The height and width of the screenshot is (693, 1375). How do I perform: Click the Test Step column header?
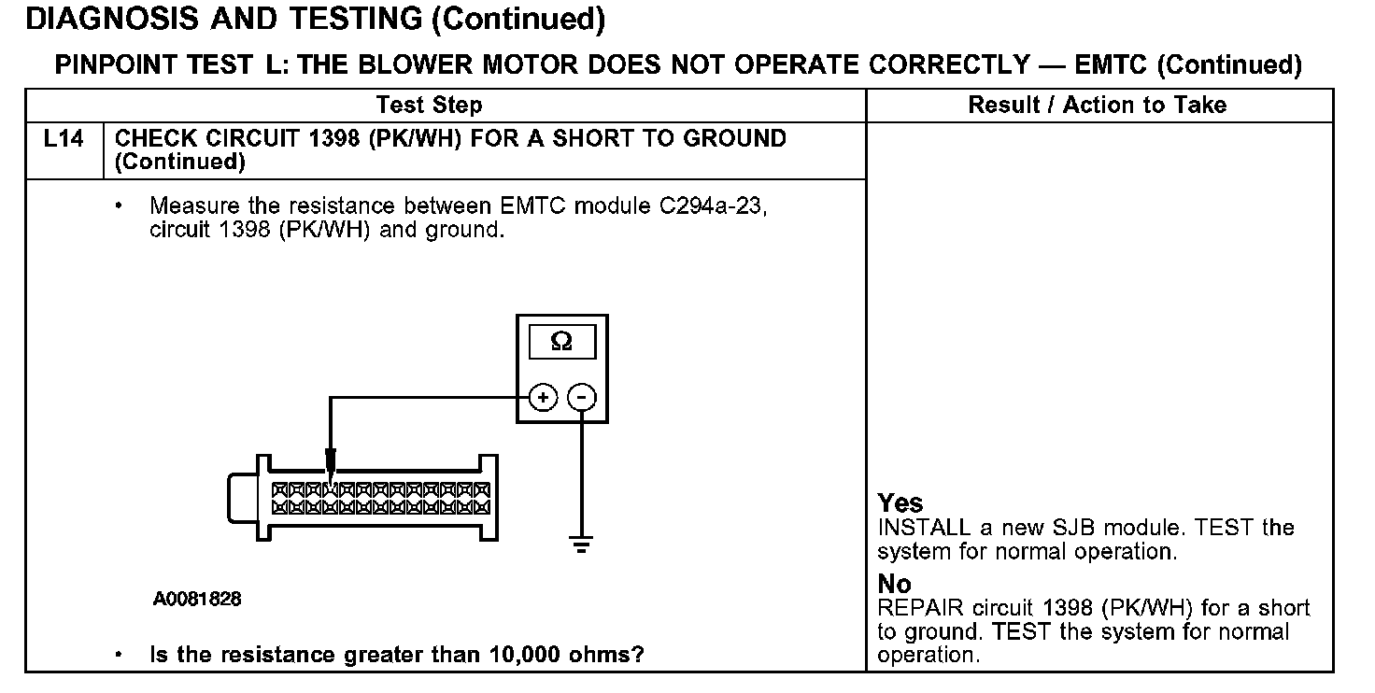point(429,106)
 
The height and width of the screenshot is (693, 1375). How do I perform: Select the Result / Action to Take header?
point(1098,106)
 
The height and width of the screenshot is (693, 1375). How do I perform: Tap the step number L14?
point(64,139)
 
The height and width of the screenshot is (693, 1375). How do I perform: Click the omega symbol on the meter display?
point(561,342)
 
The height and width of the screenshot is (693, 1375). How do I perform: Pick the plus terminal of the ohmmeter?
point(542,398)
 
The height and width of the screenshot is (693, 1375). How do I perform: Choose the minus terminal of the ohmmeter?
point(582,398)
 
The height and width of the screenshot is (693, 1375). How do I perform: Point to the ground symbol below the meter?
point(582,544)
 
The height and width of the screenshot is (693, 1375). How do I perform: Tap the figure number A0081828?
point(197,599)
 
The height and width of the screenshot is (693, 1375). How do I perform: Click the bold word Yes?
point(900,503)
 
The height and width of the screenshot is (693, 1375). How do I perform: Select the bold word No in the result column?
point(894,585)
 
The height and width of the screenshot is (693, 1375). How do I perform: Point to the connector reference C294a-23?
point(713,206)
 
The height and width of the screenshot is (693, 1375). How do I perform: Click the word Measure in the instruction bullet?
point(193,206)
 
